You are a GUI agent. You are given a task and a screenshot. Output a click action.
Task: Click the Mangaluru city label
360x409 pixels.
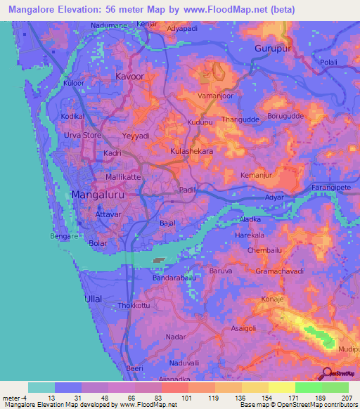[98, 195]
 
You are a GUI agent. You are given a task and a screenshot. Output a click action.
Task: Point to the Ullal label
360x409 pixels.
[93, 299]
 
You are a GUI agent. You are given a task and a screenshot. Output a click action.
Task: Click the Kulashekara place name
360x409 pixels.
[192, 150]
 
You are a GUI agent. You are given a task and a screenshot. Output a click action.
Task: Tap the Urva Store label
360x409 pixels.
[83, 135]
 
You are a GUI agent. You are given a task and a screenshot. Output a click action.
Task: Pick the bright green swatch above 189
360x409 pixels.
[309, 387]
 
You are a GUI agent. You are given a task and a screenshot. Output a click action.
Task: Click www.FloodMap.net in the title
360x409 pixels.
[229, 9]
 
